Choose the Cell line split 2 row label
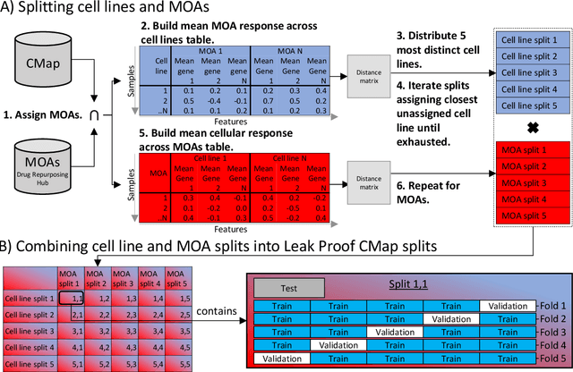coord(28,314)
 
